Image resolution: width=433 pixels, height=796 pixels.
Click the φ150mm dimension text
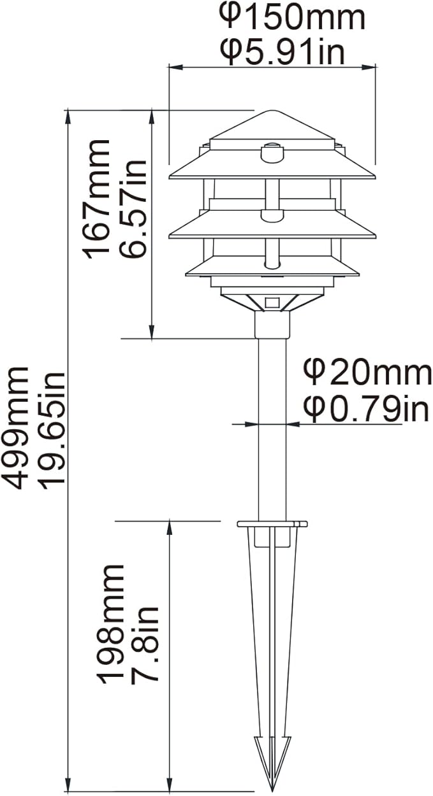point(293,18)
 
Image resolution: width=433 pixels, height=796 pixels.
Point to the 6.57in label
point(135,207)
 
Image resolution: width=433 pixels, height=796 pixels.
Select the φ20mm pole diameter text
point(367,373)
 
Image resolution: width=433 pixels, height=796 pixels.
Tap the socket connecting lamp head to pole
point(272,324)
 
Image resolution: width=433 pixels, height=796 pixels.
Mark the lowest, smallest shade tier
point(272,267)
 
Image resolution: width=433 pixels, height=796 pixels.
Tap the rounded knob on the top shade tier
point(272,153)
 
